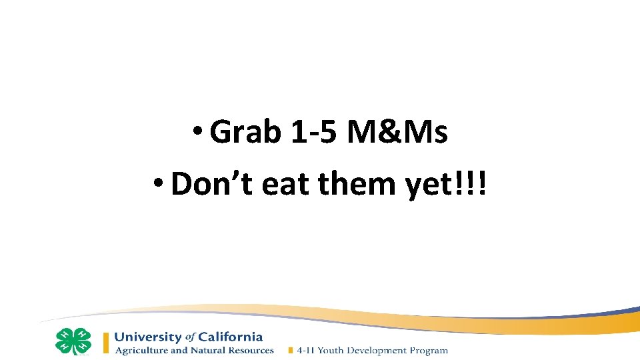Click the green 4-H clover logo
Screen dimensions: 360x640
tap(73, 341)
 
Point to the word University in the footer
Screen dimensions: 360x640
tap(148, 337)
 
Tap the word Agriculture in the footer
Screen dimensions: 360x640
tap(139, 351)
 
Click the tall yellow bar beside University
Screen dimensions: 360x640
tap(105, 343)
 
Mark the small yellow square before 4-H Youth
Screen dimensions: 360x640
tap(290, 351)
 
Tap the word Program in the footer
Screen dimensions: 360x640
tap(431, 351)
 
